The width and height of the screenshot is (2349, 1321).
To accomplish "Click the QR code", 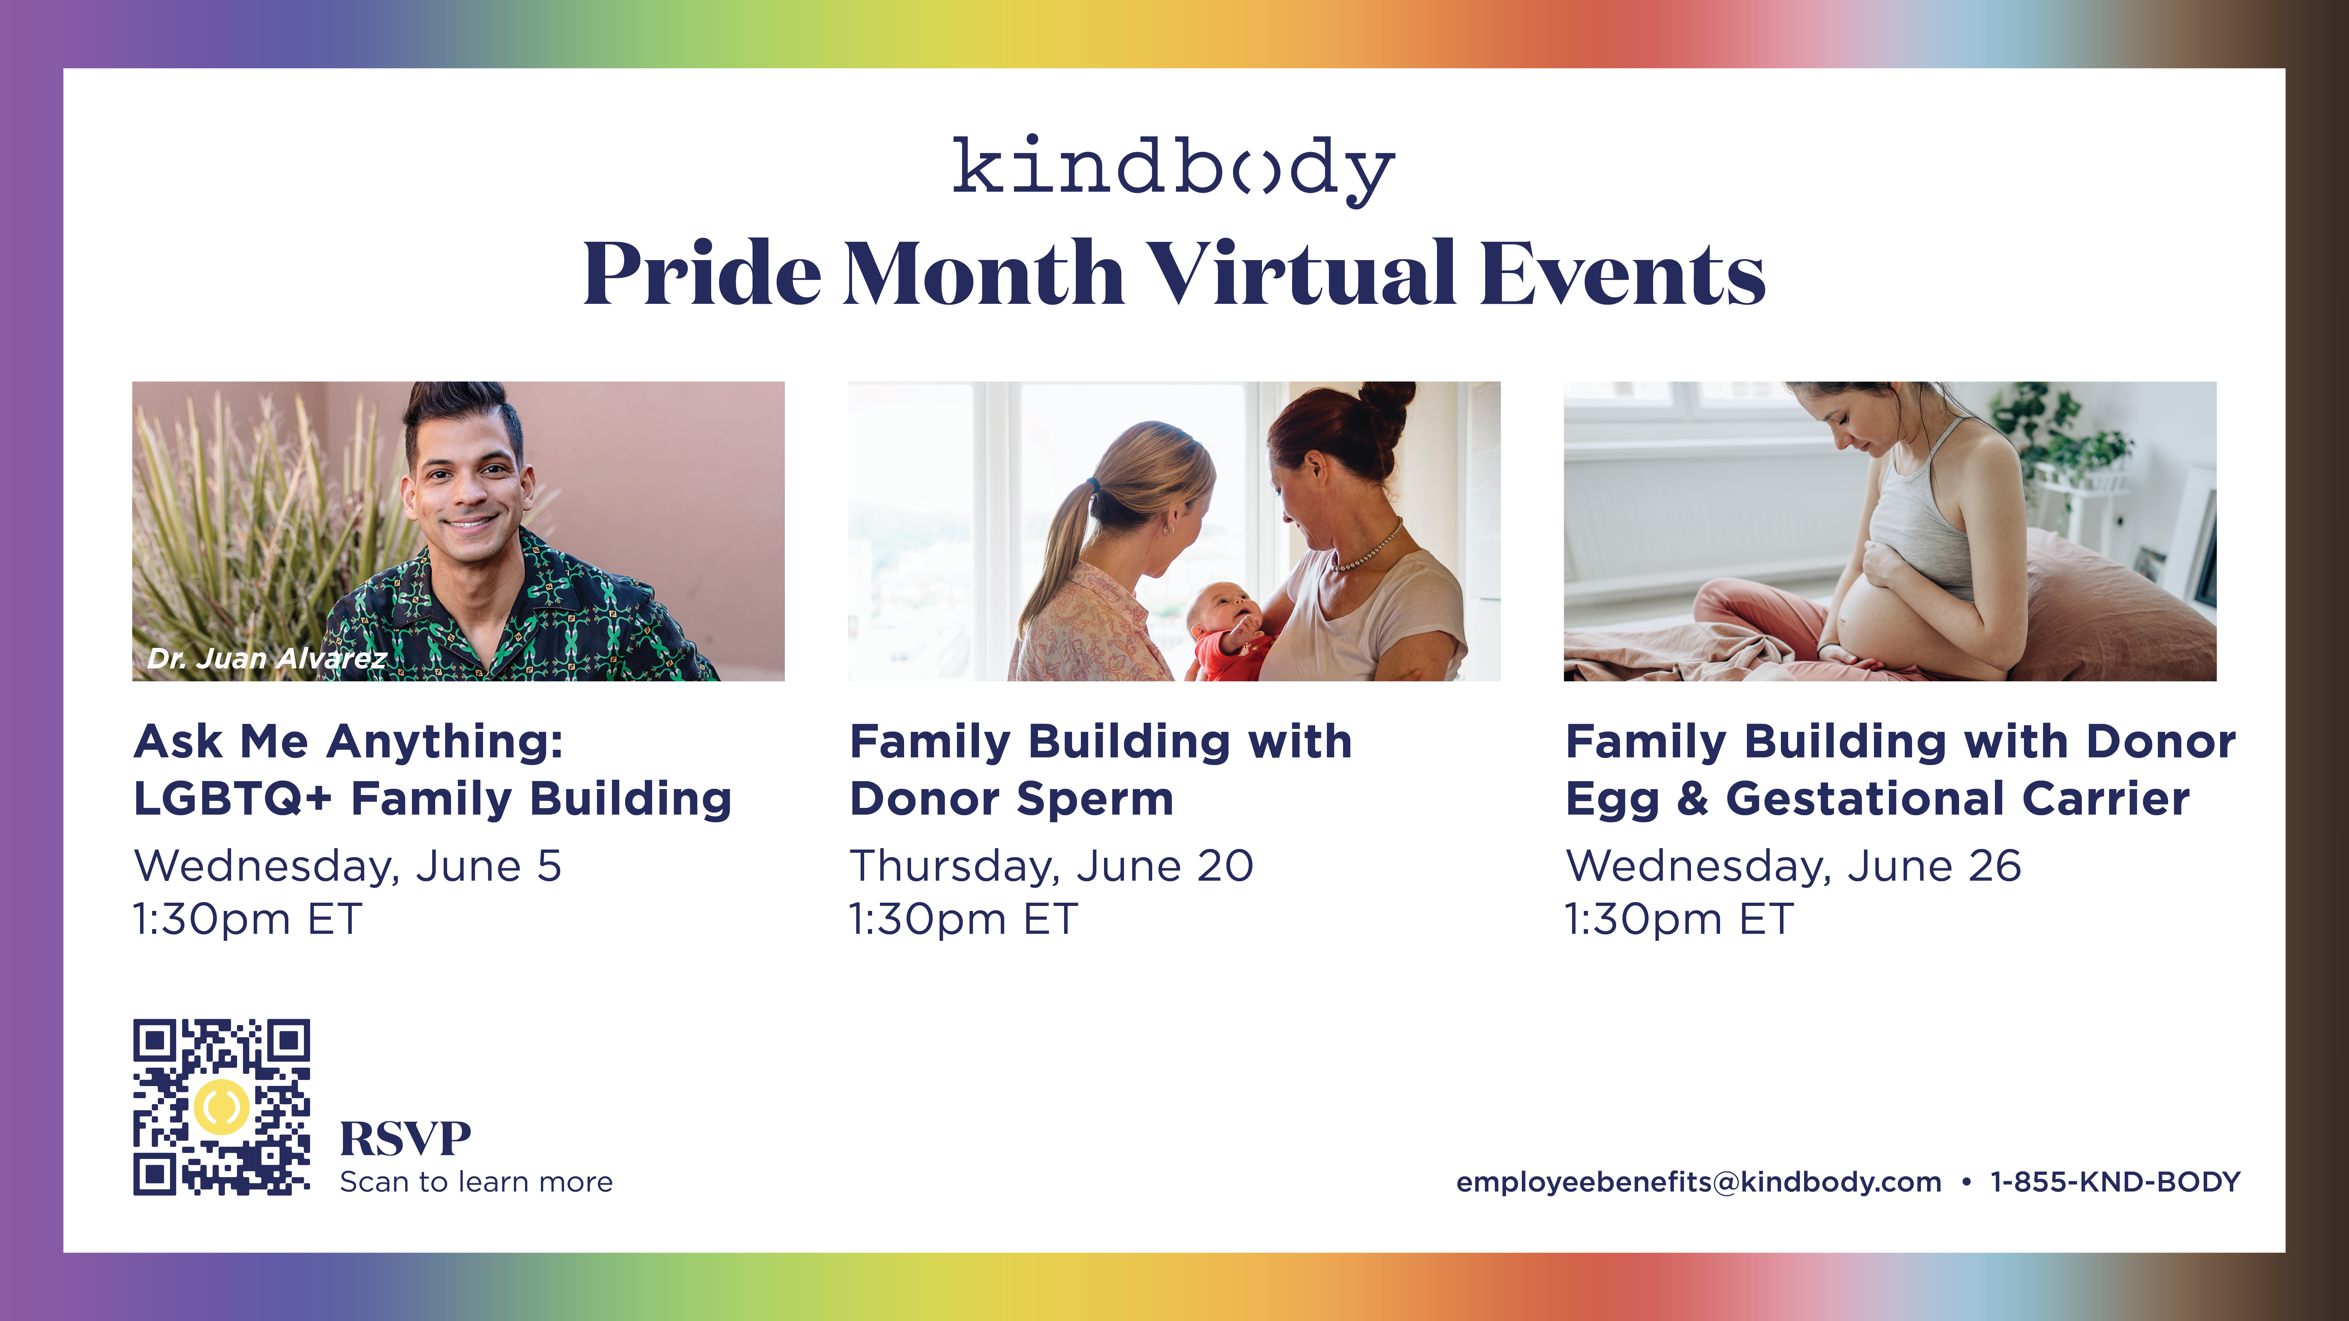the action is click(222, 1107).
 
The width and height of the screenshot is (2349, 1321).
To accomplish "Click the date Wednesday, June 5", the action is click(347, 866).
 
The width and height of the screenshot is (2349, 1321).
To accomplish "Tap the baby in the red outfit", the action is click(1226, 633).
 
